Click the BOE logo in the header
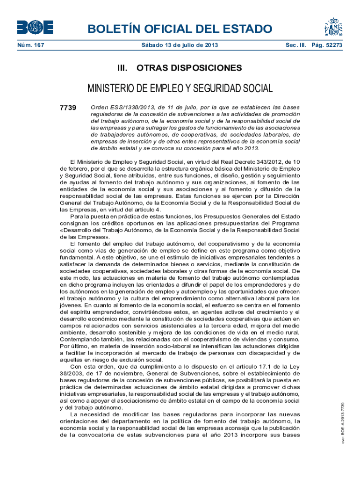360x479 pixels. pyautogui.click(x=35, y=28)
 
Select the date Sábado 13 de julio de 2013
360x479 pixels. pyautogui.click(x=180, y=45)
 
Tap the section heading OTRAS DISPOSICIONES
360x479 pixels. pyautogui.click(x=189, y=68)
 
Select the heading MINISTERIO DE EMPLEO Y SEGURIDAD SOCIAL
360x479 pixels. pyautogui.click(x=180, y=89)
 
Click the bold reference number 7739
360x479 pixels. pyautogui.click(x=68, y=108)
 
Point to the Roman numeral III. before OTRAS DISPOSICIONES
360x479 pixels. pyautogui.click(x=123, y=68)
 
